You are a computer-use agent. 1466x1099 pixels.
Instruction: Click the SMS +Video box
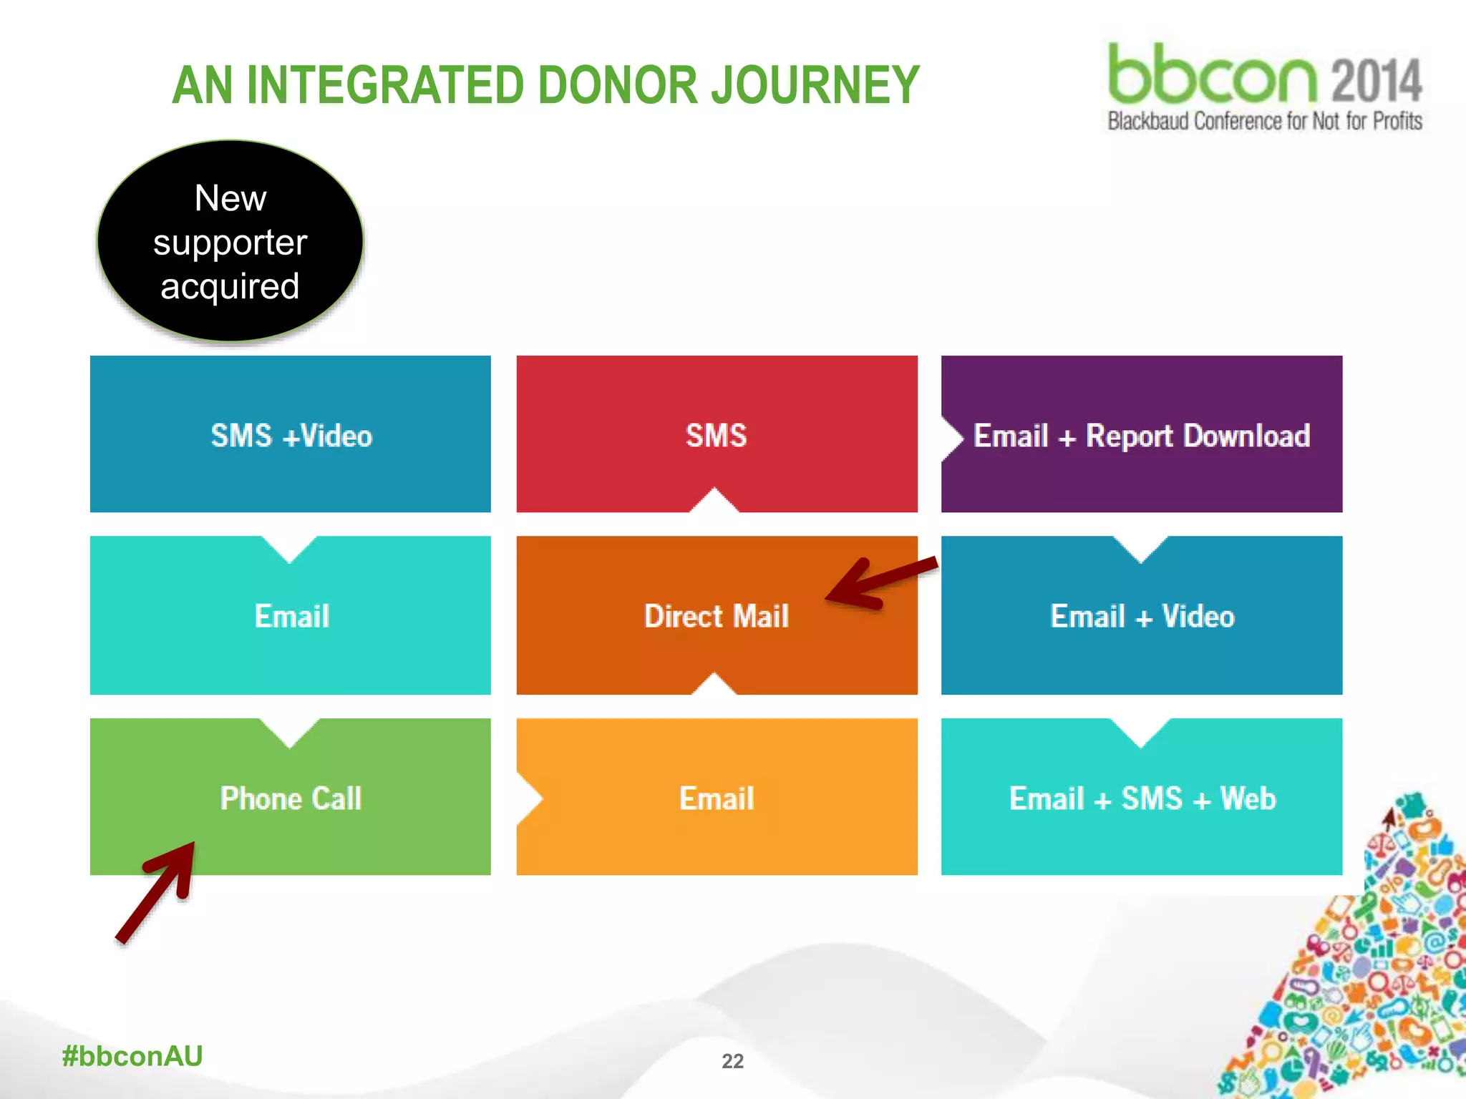[291, 435]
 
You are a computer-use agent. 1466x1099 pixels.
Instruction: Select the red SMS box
[717, 435]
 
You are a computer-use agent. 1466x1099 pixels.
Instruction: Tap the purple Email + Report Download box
[1141, 435]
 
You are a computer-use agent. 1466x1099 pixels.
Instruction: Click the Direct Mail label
[716, 617]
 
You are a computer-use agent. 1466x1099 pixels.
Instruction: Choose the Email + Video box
[1141, 617]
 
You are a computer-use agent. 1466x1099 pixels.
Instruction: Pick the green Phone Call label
[291, 798]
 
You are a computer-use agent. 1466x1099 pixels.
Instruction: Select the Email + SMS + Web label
[1142, 798]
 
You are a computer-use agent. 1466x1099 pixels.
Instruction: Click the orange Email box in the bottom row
[717, 798]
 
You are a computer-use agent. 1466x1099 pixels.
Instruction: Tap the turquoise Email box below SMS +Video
[291, 617]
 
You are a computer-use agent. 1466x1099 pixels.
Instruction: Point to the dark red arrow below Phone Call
[157, 891]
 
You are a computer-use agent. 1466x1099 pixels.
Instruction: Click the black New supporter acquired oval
[230, 241]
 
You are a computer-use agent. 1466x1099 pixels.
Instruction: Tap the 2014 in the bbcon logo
[1376, 80]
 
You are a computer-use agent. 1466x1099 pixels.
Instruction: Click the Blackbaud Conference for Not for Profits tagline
[1264, 121]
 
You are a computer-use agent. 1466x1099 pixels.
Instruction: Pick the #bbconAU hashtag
[132, 1056]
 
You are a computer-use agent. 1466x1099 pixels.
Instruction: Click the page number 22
[732, 1060]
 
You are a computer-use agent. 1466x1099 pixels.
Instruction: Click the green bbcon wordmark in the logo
[1211, 74]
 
